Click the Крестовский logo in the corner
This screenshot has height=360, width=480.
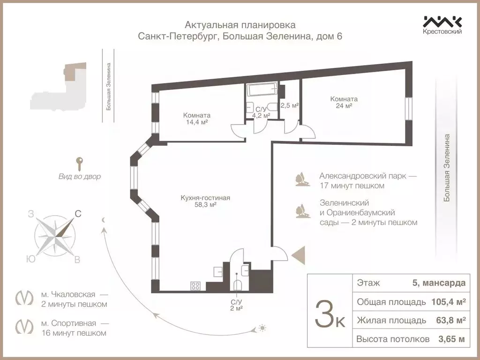coord(442,25)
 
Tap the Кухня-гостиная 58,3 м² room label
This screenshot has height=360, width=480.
coord(205,201)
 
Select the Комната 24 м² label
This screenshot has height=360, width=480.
coord(344,102)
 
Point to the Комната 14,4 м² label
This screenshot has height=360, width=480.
coord(197,119)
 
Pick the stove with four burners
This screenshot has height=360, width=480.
coord(196,285)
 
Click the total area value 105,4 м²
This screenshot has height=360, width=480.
coord(448,302)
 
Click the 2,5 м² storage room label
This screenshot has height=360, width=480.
coord(289,105)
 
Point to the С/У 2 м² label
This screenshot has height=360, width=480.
coord(236,305)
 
